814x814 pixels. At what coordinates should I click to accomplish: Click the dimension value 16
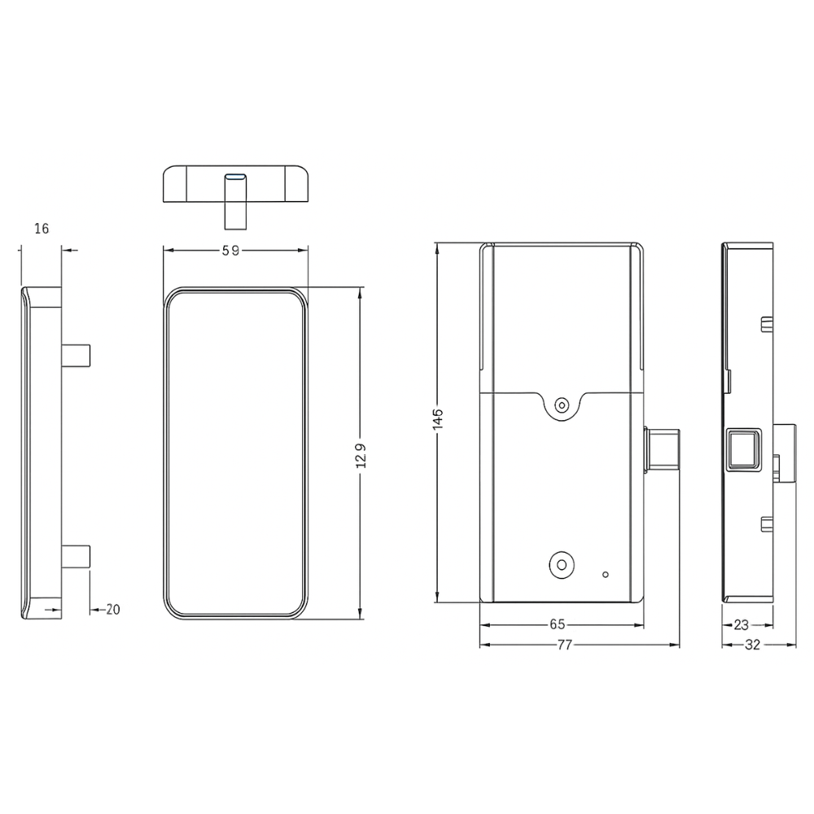(42, 229)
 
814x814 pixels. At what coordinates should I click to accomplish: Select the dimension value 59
(231, 251)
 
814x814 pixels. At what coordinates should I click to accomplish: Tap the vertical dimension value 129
(361, 455)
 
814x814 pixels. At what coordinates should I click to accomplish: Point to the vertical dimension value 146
(438, 418)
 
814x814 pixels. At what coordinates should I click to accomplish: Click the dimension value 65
(557, 624)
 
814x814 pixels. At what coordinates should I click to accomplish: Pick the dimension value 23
(742, 625)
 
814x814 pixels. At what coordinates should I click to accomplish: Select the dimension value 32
(752, 645)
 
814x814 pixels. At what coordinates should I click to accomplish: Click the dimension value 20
(112, 610)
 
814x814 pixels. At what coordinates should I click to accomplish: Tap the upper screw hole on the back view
(562, 405)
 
